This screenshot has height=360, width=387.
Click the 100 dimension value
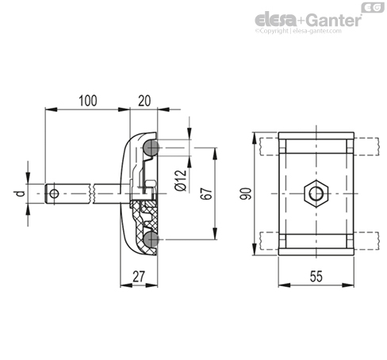coord(88,101)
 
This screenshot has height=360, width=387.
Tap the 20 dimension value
coord(144,101)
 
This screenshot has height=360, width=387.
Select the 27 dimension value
coord(139,277)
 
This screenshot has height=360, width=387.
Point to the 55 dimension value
coord(316,277)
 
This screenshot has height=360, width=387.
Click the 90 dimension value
coord(246,193)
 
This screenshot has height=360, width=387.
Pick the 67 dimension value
coord(206,193)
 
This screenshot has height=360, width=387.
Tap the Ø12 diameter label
coord(181,181)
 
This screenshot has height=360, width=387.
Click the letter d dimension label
coord(20,193)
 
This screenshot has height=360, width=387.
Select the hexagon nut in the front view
coord(316,193)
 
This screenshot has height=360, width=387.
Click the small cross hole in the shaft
coord(54,193)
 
